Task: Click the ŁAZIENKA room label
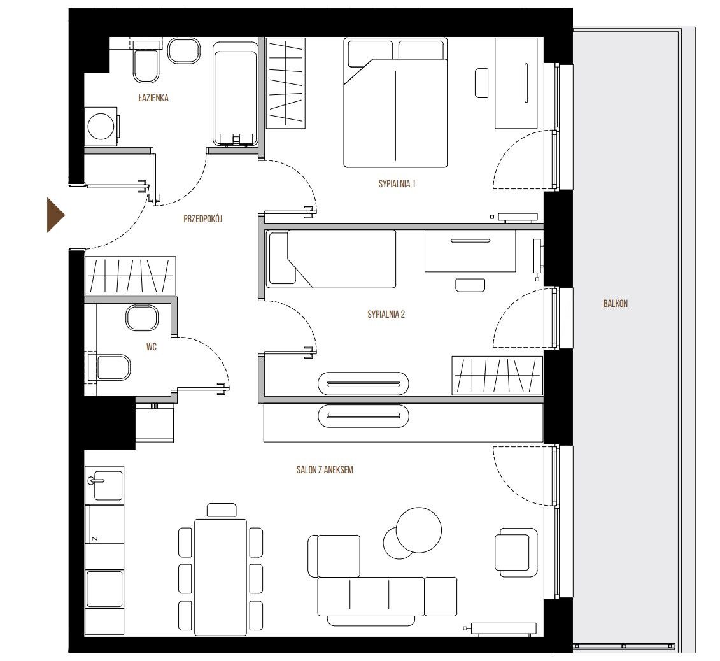point(153,98)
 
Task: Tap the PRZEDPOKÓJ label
point(202,219)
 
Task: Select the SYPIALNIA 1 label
point(397,184)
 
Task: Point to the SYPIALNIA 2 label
point(386,315)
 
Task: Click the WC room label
point(152,347)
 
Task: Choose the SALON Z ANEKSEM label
point(325,470)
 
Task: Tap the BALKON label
point(616,304)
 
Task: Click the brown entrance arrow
point(55,215)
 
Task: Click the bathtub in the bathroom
point(235,94)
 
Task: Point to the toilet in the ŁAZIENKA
point(146,63)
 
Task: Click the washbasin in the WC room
point(142,318)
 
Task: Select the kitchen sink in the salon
point(105,485)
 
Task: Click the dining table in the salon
point(220,578)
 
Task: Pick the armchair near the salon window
point(516,553)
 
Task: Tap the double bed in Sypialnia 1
point(395,103)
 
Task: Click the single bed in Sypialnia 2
point(332,259)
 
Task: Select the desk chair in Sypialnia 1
point(482,83)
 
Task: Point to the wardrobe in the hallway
point(130,276)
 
